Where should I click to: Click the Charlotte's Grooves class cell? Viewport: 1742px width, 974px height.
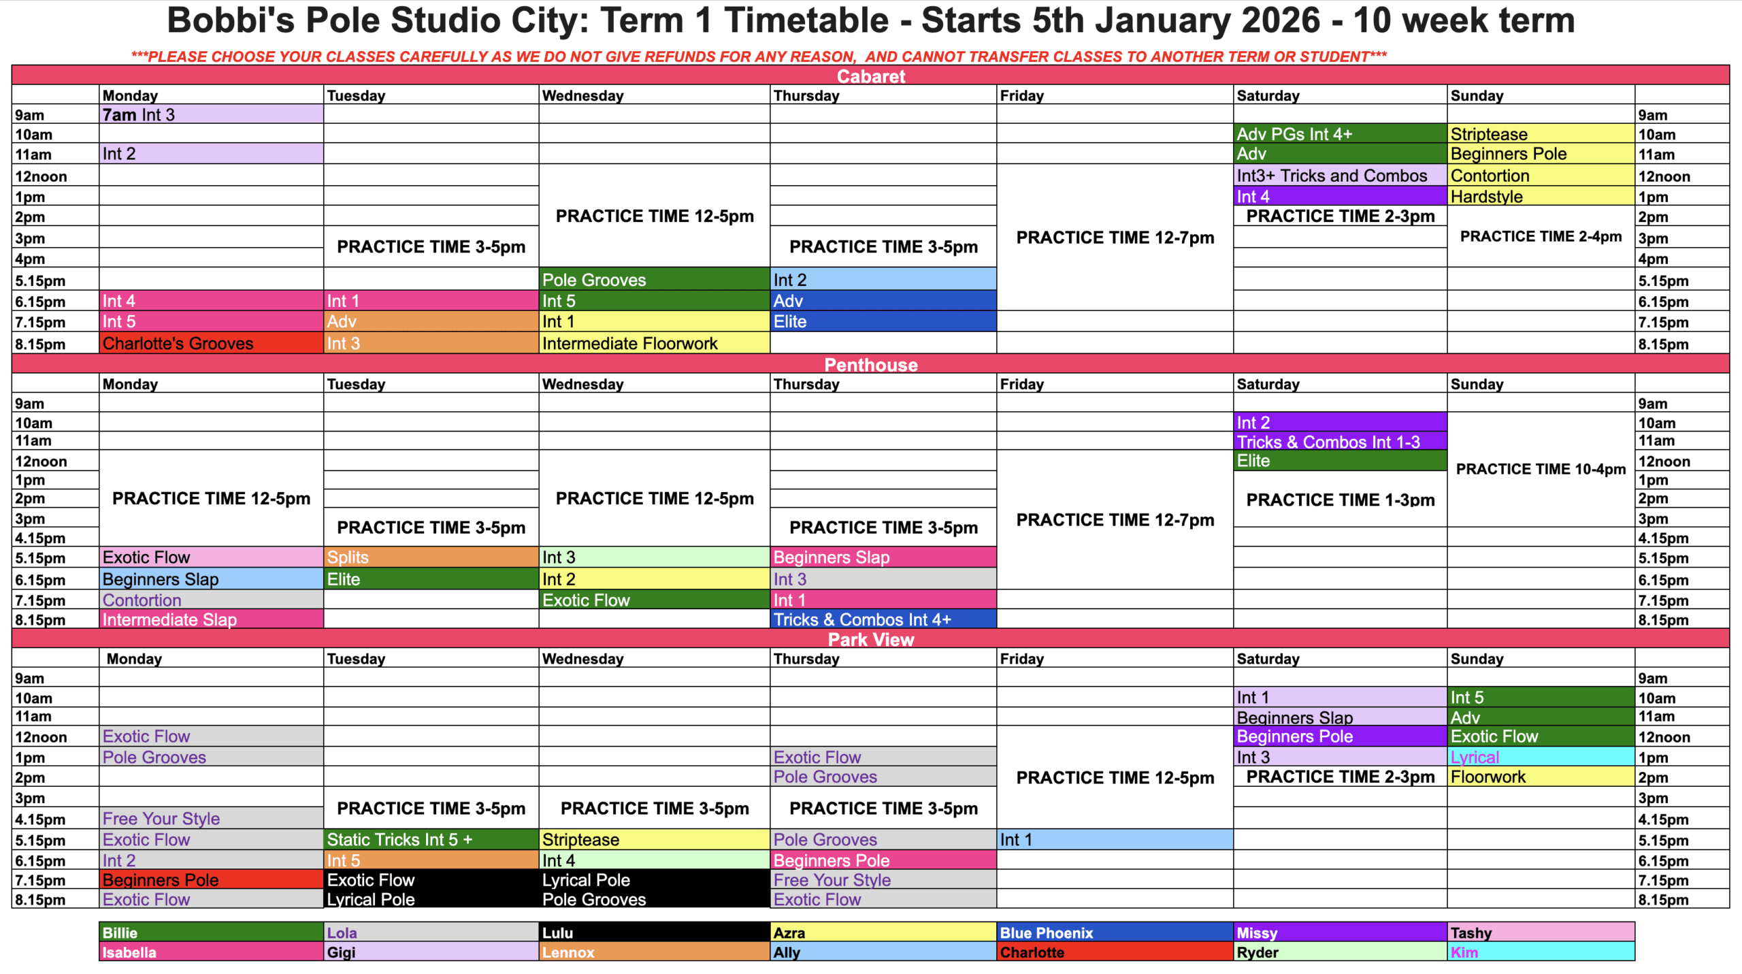pos(211,343)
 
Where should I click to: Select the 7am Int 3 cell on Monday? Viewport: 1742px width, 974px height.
pos(211,114)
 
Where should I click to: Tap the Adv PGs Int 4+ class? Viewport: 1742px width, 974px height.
pos(1340,134)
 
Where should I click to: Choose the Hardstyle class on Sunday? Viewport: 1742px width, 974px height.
pos(1541,196)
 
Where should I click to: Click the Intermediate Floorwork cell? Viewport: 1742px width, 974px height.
pos(654,343)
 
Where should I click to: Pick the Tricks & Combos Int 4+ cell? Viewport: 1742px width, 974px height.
pos(883,619)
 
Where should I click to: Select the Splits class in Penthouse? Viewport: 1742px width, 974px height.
pos(431,557)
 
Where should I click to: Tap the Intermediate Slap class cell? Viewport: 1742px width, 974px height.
pos(211,619)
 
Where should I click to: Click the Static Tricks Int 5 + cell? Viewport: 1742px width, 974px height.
pos(431,839)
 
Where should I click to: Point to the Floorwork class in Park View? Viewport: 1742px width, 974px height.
pos(1541,777)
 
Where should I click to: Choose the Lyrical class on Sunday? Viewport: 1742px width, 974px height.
pos(1541,757)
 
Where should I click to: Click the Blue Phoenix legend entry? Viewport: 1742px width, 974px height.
pos(1115,932)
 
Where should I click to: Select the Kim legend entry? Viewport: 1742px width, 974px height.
pos(1541,952)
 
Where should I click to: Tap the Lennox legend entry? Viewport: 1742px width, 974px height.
pos(654,952)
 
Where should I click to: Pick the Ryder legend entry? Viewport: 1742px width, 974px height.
pos(1340,952)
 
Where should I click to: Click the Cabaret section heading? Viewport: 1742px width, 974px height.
pos(871,76)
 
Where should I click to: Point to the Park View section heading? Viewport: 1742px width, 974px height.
pos(871,639)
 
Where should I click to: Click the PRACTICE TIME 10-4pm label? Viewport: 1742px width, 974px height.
pos(1541,469)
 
